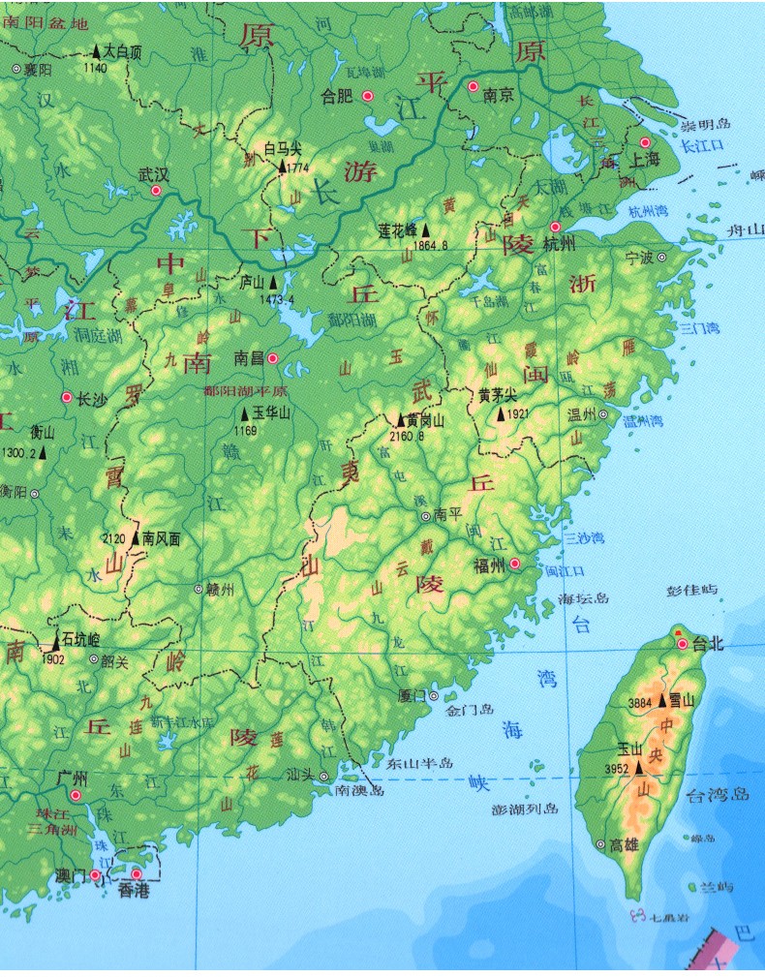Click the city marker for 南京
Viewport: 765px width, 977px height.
[x=474, y=87]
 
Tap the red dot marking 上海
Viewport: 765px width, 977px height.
[x=645, y=142]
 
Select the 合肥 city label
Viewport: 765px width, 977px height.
[x=337, y=96]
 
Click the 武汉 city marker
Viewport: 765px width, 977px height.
[x=156, y=191]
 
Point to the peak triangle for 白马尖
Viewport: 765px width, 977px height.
[x=282, y=167]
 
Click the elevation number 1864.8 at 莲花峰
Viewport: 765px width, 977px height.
[x=431, y=246]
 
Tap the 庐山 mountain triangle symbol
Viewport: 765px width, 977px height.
[x=274, y=283]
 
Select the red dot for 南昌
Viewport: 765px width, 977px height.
[x=273, y=358]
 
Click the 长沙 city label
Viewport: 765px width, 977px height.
[x=92, y=398]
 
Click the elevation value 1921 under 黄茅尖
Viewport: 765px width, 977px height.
[x=518, y=414]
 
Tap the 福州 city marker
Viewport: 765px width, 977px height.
[x=515, y=565]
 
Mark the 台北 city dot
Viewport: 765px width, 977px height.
[x=683, y=644]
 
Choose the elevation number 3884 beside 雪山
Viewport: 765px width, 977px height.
[x=640, y=702]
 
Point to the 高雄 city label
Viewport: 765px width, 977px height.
[x=625, y=844]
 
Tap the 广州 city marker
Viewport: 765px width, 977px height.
[x=76, y=794]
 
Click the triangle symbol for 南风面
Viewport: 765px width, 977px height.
[x=135, y=537]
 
